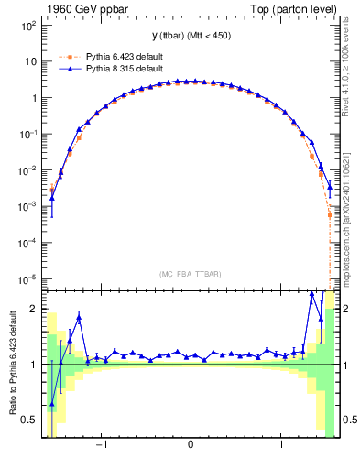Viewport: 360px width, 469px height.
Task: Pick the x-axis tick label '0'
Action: (x=191, y=447)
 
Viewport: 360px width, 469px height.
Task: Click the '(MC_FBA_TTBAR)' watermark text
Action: (x=191, y=274)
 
